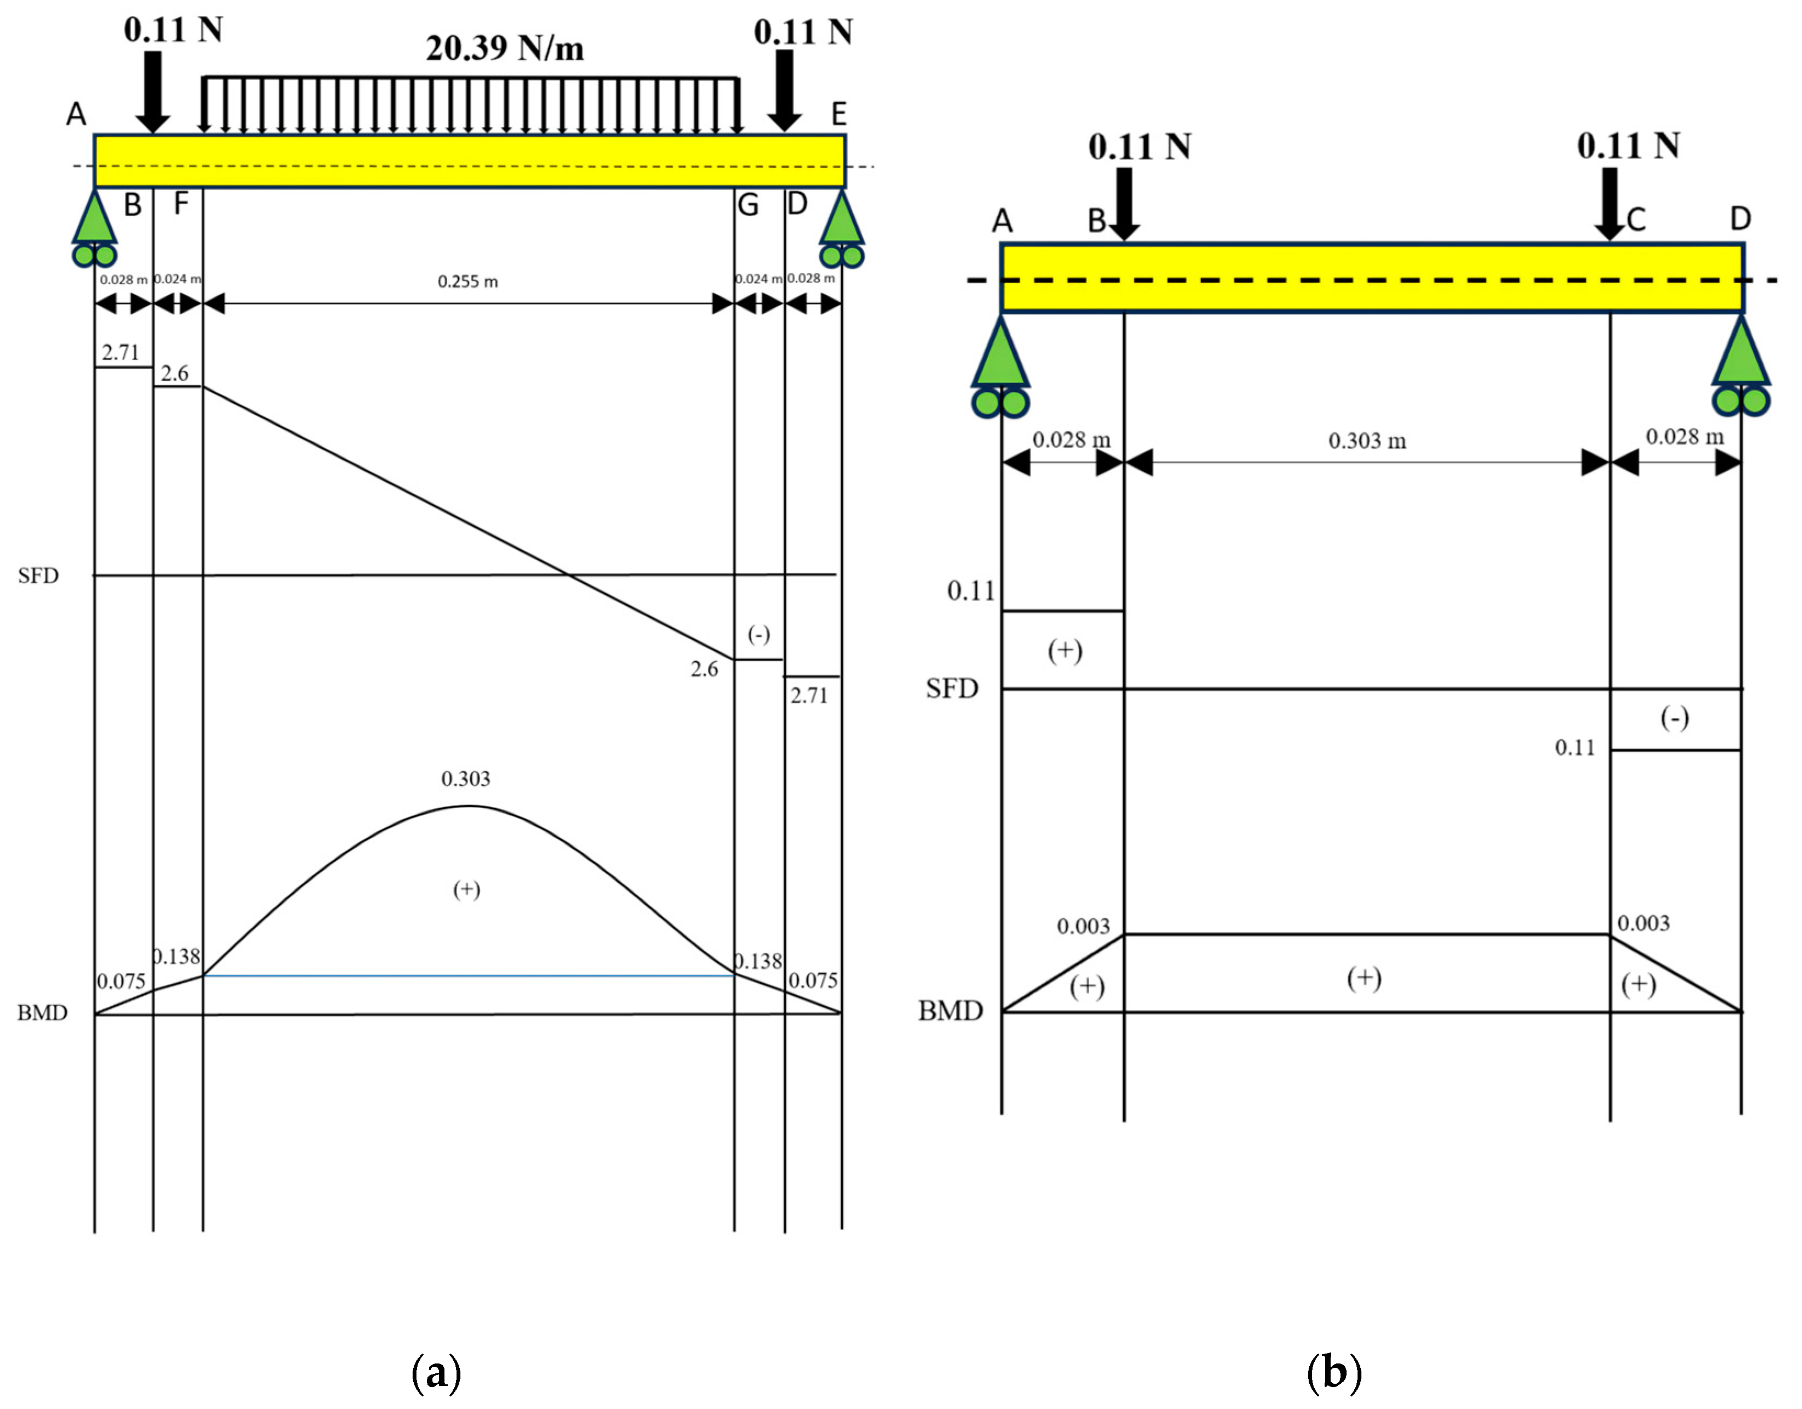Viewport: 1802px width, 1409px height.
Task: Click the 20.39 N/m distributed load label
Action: [504, 48]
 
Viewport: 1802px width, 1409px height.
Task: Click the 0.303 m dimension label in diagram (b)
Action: [1367, 441]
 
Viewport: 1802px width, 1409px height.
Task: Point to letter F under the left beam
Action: [181, 203]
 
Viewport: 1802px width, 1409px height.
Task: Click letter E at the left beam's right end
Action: [838, 114]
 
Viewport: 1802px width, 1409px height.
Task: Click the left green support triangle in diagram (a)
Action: [95, 218]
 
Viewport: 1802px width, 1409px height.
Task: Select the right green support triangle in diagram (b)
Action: [1741, 355]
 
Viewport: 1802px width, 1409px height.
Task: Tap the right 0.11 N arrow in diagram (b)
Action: [1610, 202]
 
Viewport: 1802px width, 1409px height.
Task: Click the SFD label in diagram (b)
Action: [951, 688]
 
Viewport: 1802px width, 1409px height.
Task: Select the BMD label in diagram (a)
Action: [42, 1012]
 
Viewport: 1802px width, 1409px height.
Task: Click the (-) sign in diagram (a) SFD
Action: [758, 634]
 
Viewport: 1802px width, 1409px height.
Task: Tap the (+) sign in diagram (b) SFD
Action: [1065, 651]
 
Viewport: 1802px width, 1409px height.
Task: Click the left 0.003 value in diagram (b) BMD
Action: [1083, 926]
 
